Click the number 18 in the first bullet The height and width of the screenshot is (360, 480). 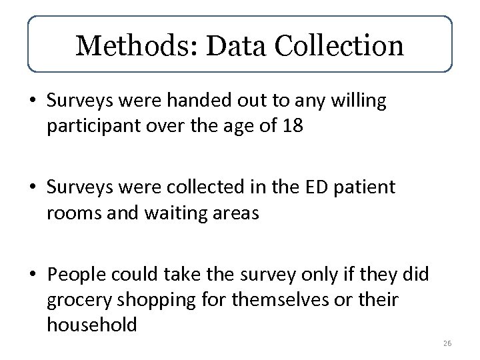[293, 127]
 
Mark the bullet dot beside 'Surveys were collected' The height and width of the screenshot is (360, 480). [33, 188]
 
